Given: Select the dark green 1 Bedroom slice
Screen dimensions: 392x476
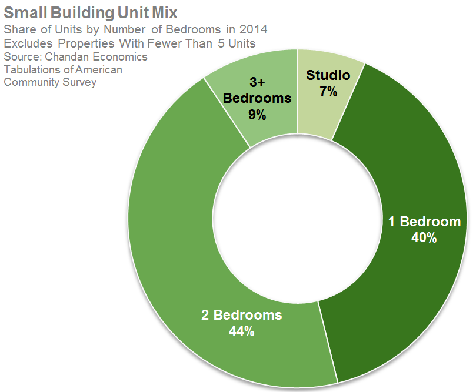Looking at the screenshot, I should (x=412, y=176).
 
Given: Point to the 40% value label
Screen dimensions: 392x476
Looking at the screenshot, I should (x=424, y=238).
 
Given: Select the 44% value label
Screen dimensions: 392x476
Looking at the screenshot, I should (x=241, y=331).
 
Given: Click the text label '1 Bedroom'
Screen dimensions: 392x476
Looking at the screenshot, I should (x=424, y=222).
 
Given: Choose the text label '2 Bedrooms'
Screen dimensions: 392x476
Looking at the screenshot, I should (x=241, y=315).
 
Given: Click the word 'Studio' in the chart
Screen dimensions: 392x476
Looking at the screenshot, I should (x=328, y=75).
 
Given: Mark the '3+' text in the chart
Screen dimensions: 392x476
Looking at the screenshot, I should (x=257, y=82).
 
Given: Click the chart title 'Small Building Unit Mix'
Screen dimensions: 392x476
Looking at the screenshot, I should (x=91, y=12).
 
